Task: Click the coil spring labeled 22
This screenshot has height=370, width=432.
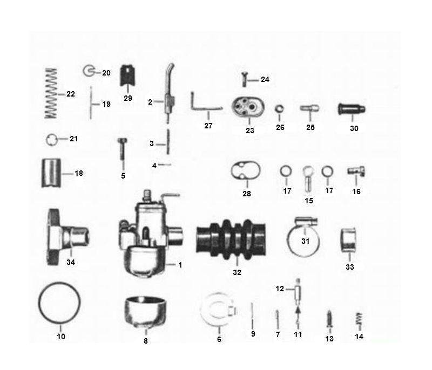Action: pyautogui.click(x=50, y=93)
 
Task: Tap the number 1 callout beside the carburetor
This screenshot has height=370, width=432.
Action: pyautogui.click(x=180, y=265)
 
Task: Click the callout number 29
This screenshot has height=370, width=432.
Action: pyautogui.click(x=128, y=98)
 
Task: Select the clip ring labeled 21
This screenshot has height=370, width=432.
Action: pyautogui.click(x=52, y=139)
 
